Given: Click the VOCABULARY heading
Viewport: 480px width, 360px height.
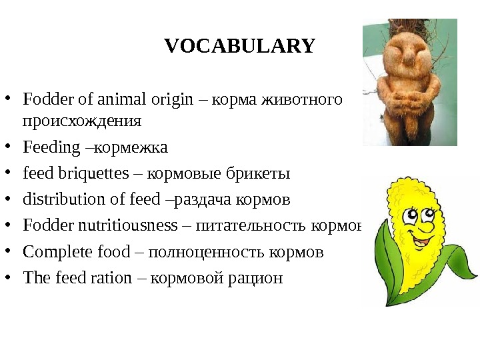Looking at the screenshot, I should tap(239, 46).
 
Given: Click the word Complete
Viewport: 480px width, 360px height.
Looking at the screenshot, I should tap(53, 252).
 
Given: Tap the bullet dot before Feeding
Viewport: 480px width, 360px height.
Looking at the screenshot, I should tap(11, 147).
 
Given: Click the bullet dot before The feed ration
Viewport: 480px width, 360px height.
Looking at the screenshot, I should tap(11, 278).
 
